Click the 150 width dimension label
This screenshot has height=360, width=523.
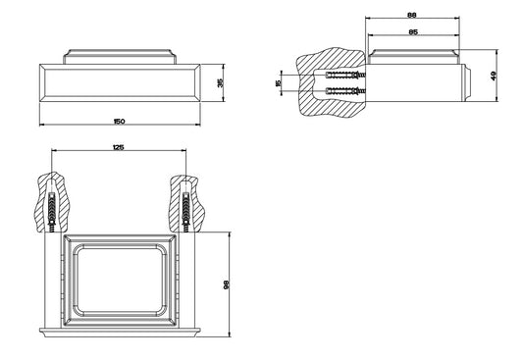tap(119, 122)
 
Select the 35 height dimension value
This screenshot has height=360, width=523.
tap(220, 82)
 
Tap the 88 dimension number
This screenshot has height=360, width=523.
tap(412, 15)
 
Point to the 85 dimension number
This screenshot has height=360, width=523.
tap(413, 32)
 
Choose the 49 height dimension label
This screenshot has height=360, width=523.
tap(494, 76)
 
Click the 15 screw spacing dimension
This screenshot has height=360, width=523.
tap(279, 83)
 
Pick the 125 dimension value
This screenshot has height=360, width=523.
tap(119, 147)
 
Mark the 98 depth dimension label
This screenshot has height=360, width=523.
tap(227, 284)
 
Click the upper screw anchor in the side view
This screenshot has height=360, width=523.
tap(345, 75)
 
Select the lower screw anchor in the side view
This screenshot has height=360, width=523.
tap(345, 90)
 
